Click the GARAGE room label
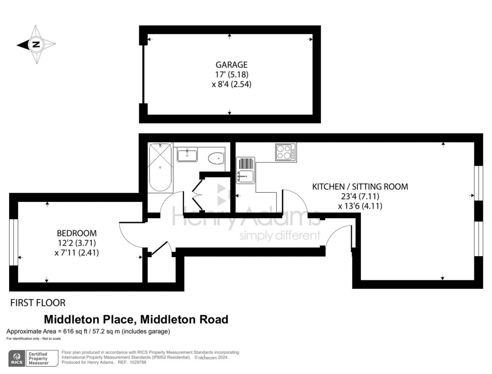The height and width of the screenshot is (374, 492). pos(231,64)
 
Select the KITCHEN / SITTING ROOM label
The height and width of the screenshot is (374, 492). pos(360,187)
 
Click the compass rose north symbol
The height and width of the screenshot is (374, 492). pos(36,45)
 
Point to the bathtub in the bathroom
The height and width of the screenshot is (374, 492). pos(159,167)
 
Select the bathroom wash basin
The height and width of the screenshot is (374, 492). pos(186,155)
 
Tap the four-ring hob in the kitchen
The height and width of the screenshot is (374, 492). pos(285,152)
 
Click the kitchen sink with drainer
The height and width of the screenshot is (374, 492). pos(246,170)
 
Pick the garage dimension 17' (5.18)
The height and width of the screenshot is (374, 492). pos(231,75)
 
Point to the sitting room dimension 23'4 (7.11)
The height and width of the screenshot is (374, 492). pos(360,196)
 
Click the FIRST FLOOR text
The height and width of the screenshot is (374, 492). pos(37,303)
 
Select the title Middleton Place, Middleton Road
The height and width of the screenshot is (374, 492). pos(136,319)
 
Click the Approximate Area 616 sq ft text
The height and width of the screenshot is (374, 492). pos(88,331)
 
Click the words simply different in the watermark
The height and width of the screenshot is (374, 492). pos(280,236)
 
